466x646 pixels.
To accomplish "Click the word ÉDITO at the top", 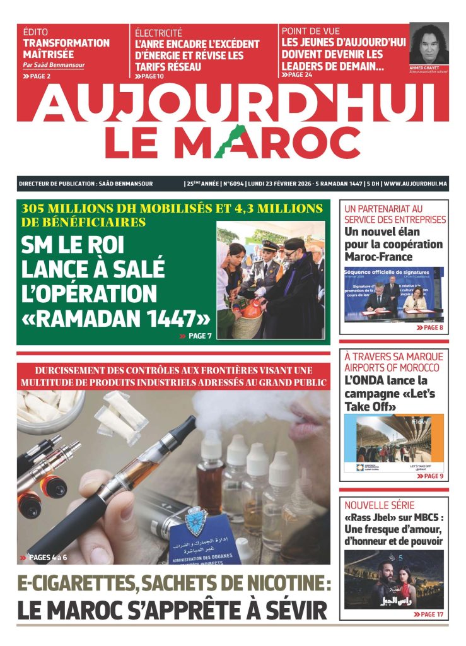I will click(x=35, y=32).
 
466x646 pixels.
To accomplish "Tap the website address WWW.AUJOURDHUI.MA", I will click(x=416, y=184).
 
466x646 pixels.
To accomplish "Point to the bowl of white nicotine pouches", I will click(x=47, y=409).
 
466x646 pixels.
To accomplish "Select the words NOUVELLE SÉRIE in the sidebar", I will click(x=380, y=505).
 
